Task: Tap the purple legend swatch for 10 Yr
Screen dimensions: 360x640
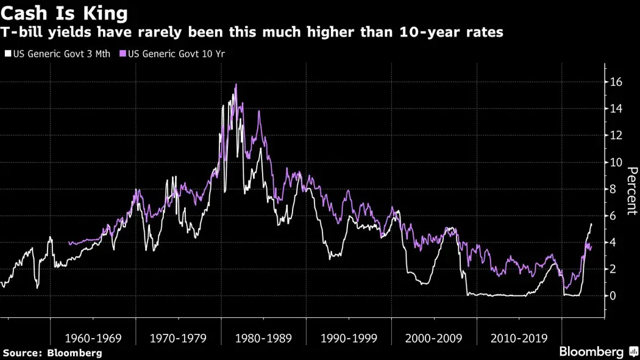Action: point(123,54)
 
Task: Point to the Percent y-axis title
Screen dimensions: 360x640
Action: point(631,191)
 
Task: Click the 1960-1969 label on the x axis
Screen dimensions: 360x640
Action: point(92,338)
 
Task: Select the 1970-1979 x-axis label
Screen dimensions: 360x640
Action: point(177,338)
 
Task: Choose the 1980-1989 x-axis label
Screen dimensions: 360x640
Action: point(263,338)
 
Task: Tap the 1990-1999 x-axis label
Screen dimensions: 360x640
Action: point(348,338)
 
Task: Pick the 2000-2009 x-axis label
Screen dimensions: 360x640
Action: point(433,338)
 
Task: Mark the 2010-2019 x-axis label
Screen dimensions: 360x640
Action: point(519,338)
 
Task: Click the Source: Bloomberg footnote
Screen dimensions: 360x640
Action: point(52,353)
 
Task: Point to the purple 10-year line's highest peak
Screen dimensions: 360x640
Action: point(236,85)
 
